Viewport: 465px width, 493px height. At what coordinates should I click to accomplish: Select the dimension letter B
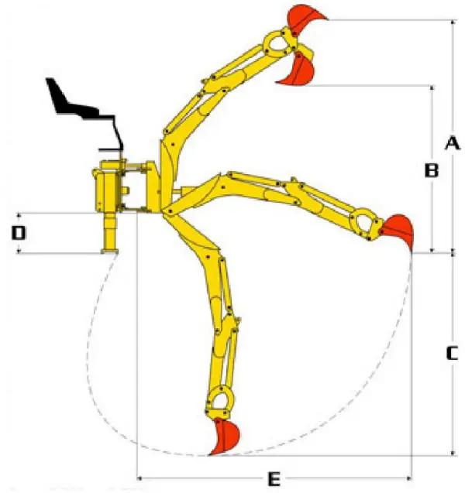432,169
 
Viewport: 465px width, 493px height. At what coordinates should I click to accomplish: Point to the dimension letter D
18,231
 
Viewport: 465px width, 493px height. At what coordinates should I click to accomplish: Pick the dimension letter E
273,480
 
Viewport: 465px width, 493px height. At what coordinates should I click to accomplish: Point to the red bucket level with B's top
300,70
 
